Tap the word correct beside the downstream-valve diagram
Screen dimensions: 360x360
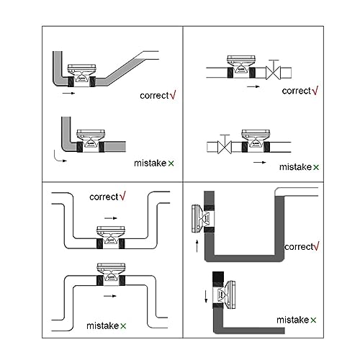click(x=297, y=91)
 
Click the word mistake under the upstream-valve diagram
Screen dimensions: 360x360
click(x=295, y=167)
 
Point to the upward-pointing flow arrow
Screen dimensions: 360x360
click(x=197, y=246)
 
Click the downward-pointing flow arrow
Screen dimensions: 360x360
click(x=206, y=296)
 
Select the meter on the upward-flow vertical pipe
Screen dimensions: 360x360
click(x=203, y=218)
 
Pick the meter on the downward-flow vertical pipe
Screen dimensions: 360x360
click(x=224, y=294)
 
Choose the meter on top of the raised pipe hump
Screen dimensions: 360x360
click(x=111, y=274)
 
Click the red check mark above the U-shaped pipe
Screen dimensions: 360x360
click(x=122, y=196)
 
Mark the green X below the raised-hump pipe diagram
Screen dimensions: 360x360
click(x=123, y=326)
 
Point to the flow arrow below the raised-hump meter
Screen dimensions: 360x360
click(x=110, y=296)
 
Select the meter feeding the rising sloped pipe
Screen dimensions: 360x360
click(x=82, y=76)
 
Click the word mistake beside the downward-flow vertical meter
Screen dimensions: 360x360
click(x=292, y=320)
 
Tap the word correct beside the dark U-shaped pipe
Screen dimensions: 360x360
click(x=299, y=247)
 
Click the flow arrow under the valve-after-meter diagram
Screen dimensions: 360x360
click(x=253, y=86)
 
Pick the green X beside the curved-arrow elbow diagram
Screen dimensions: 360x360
click(x=171, y=163)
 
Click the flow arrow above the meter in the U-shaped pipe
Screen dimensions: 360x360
click(x=111, y=218)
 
